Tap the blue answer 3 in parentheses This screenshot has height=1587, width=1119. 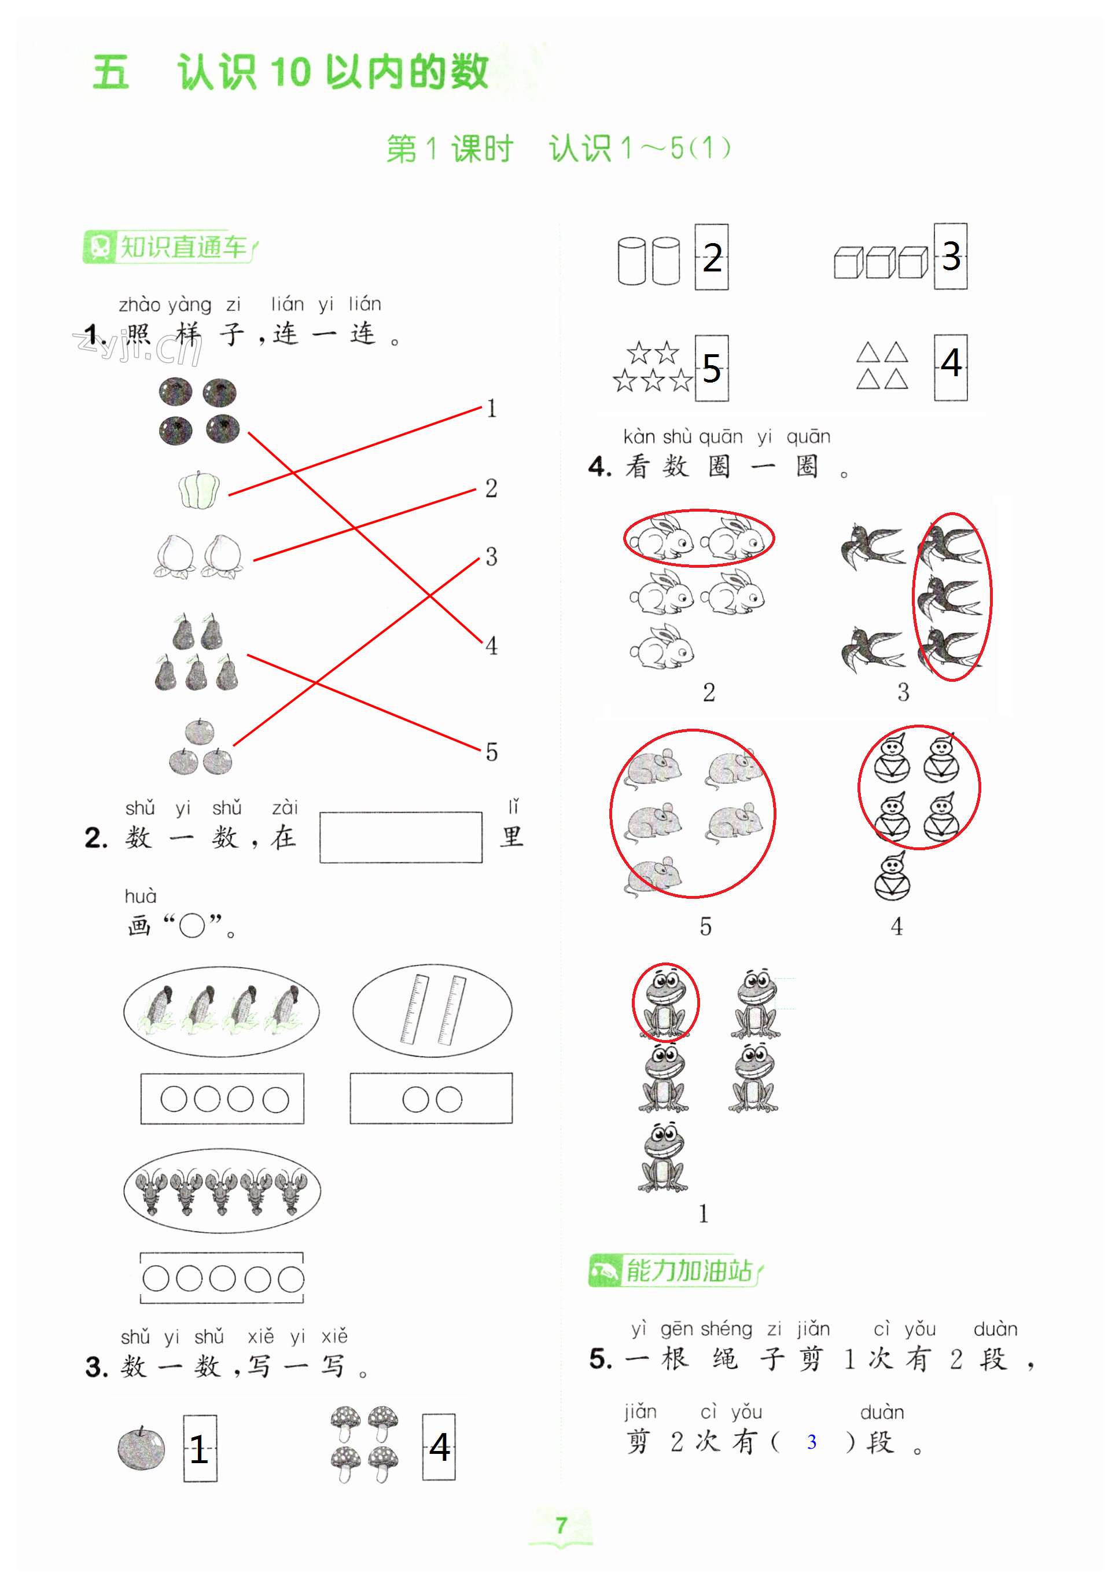click(x=811, y=1442)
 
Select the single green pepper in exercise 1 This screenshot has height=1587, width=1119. click(x=199, y=490)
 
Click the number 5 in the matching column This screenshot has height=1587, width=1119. click(x=491, y=752)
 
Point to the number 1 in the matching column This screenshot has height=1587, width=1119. click(x=491, y=409)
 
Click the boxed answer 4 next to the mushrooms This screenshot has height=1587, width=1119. click(x=439, y=1447)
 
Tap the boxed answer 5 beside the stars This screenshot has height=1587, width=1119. click(x=711, y=369)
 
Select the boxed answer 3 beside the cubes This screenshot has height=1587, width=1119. click(x=951, y=256)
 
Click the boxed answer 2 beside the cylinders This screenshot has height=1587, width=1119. click(x=711, y=257)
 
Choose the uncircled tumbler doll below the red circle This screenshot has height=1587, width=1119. click(x=892, y=876)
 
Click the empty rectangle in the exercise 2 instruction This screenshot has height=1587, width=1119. click(x=401, y=837)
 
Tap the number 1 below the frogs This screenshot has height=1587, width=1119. click(x=703, y=1213)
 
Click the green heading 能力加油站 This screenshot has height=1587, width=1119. click(x=675, y=1270)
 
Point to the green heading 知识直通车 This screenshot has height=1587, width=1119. click(x=170, y=247)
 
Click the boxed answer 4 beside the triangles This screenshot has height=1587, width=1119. click(x=951, y=367)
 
